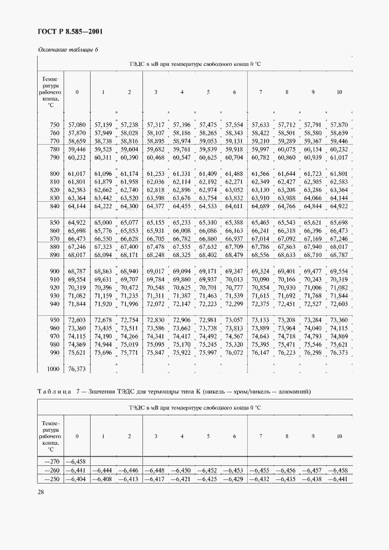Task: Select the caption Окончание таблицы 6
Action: click(x=68, y=49)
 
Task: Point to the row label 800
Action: click(x=55, y=174)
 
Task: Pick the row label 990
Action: click(x=55, y=352)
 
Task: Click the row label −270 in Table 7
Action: click(x=51, y=461)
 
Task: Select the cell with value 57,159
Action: click(x=103, y=125)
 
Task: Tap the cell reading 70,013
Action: click(x=234, y=279)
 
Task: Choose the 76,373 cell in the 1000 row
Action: click(x=77, y=369)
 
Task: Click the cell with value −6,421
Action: click(x=182, y=480)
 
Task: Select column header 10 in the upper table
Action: click(x=338, y=92)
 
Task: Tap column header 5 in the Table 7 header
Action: click(x=208, y=436)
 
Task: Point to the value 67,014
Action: click(x=260, y=239)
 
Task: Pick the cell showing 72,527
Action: click(x=312, y=304)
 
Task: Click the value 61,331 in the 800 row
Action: click(x=182, y=174)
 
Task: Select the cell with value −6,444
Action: click(x=103, y=471)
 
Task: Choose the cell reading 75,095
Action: click(x=155, y=344)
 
